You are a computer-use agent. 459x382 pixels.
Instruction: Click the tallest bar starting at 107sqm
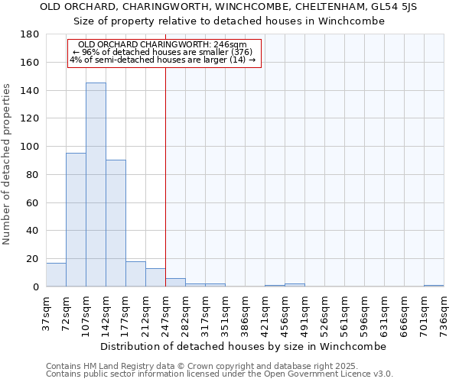coord(96,185)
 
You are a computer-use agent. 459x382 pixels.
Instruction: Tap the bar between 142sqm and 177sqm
coord(116,223)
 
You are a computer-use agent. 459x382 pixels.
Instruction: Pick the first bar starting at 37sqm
coord(56,274)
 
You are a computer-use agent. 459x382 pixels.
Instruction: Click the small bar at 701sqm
coord(434,286)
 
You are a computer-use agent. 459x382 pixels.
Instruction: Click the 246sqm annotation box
coord(164,53)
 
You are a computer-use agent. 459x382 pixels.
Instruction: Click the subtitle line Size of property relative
coord(229,21)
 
